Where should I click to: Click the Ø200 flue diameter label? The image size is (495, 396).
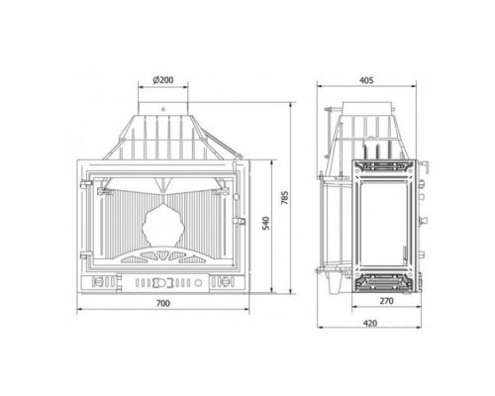point(163,80)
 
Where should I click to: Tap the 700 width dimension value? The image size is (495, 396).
point(163,303)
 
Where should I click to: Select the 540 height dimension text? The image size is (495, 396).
point(266,223)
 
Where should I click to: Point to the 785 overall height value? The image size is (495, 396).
point(285,197)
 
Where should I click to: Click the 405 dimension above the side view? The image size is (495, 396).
point(366,80)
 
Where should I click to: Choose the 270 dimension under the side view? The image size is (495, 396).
point(386,301)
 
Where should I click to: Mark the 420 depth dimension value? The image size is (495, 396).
point(369,323)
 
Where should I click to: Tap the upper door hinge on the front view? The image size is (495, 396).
point(86,183)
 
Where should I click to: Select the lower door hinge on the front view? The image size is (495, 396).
point(86,255)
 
